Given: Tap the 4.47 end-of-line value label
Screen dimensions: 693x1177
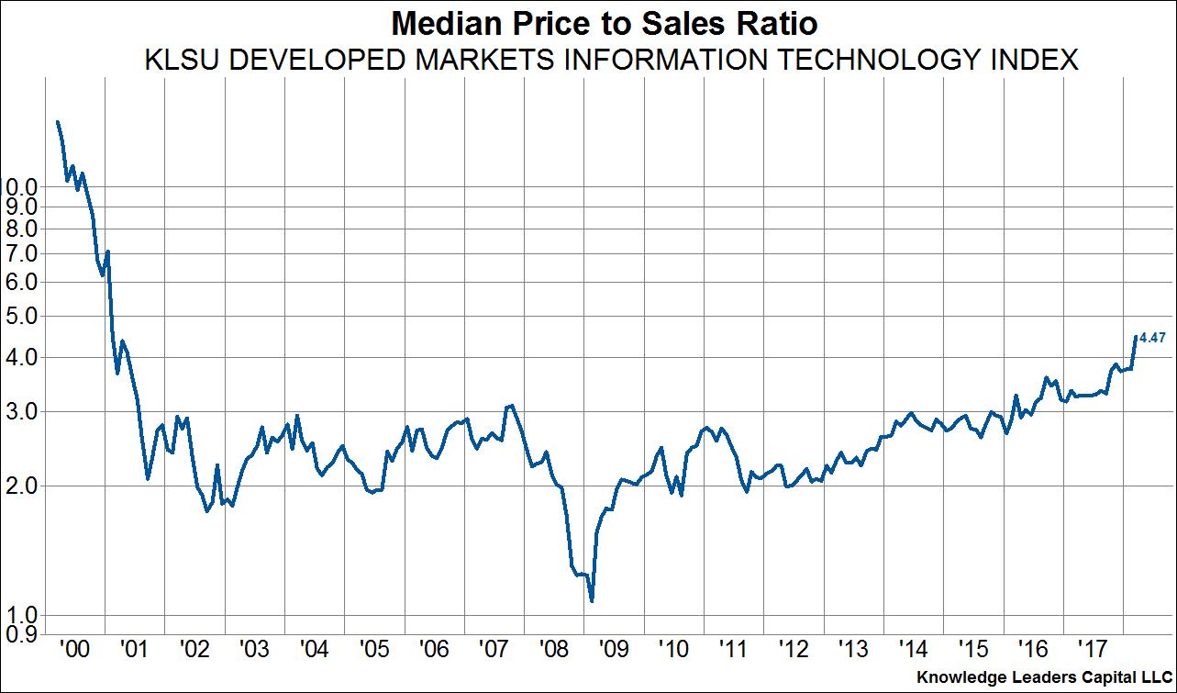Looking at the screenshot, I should point(1152,339).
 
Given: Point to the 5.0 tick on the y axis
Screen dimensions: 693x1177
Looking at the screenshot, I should point(21,317).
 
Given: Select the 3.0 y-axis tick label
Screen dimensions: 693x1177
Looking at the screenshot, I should point(21,411).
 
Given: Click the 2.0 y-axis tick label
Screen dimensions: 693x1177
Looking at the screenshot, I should point(21,486).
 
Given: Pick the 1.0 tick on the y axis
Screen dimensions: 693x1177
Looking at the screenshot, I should point(21,615).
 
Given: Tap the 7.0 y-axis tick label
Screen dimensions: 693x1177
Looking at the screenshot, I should point(21,253).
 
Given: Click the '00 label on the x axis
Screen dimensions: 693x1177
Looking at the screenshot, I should point(73,650).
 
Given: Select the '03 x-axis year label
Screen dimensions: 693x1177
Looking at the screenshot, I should point(254,650).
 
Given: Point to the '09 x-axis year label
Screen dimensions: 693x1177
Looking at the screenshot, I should point(614,650).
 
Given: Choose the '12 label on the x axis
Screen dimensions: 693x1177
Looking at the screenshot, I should point(794,650).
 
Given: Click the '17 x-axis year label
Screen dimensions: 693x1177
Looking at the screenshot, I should point(1094,650).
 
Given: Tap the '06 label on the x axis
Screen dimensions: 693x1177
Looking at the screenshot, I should point(434,650).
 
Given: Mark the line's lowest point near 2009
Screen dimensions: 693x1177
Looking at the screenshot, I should point(592,601).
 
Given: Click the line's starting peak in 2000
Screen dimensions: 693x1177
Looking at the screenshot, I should point(58,121).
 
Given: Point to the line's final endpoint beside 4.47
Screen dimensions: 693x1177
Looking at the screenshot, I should point(1135,336).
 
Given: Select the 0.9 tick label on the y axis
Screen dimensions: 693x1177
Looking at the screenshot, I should point(21,633).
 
